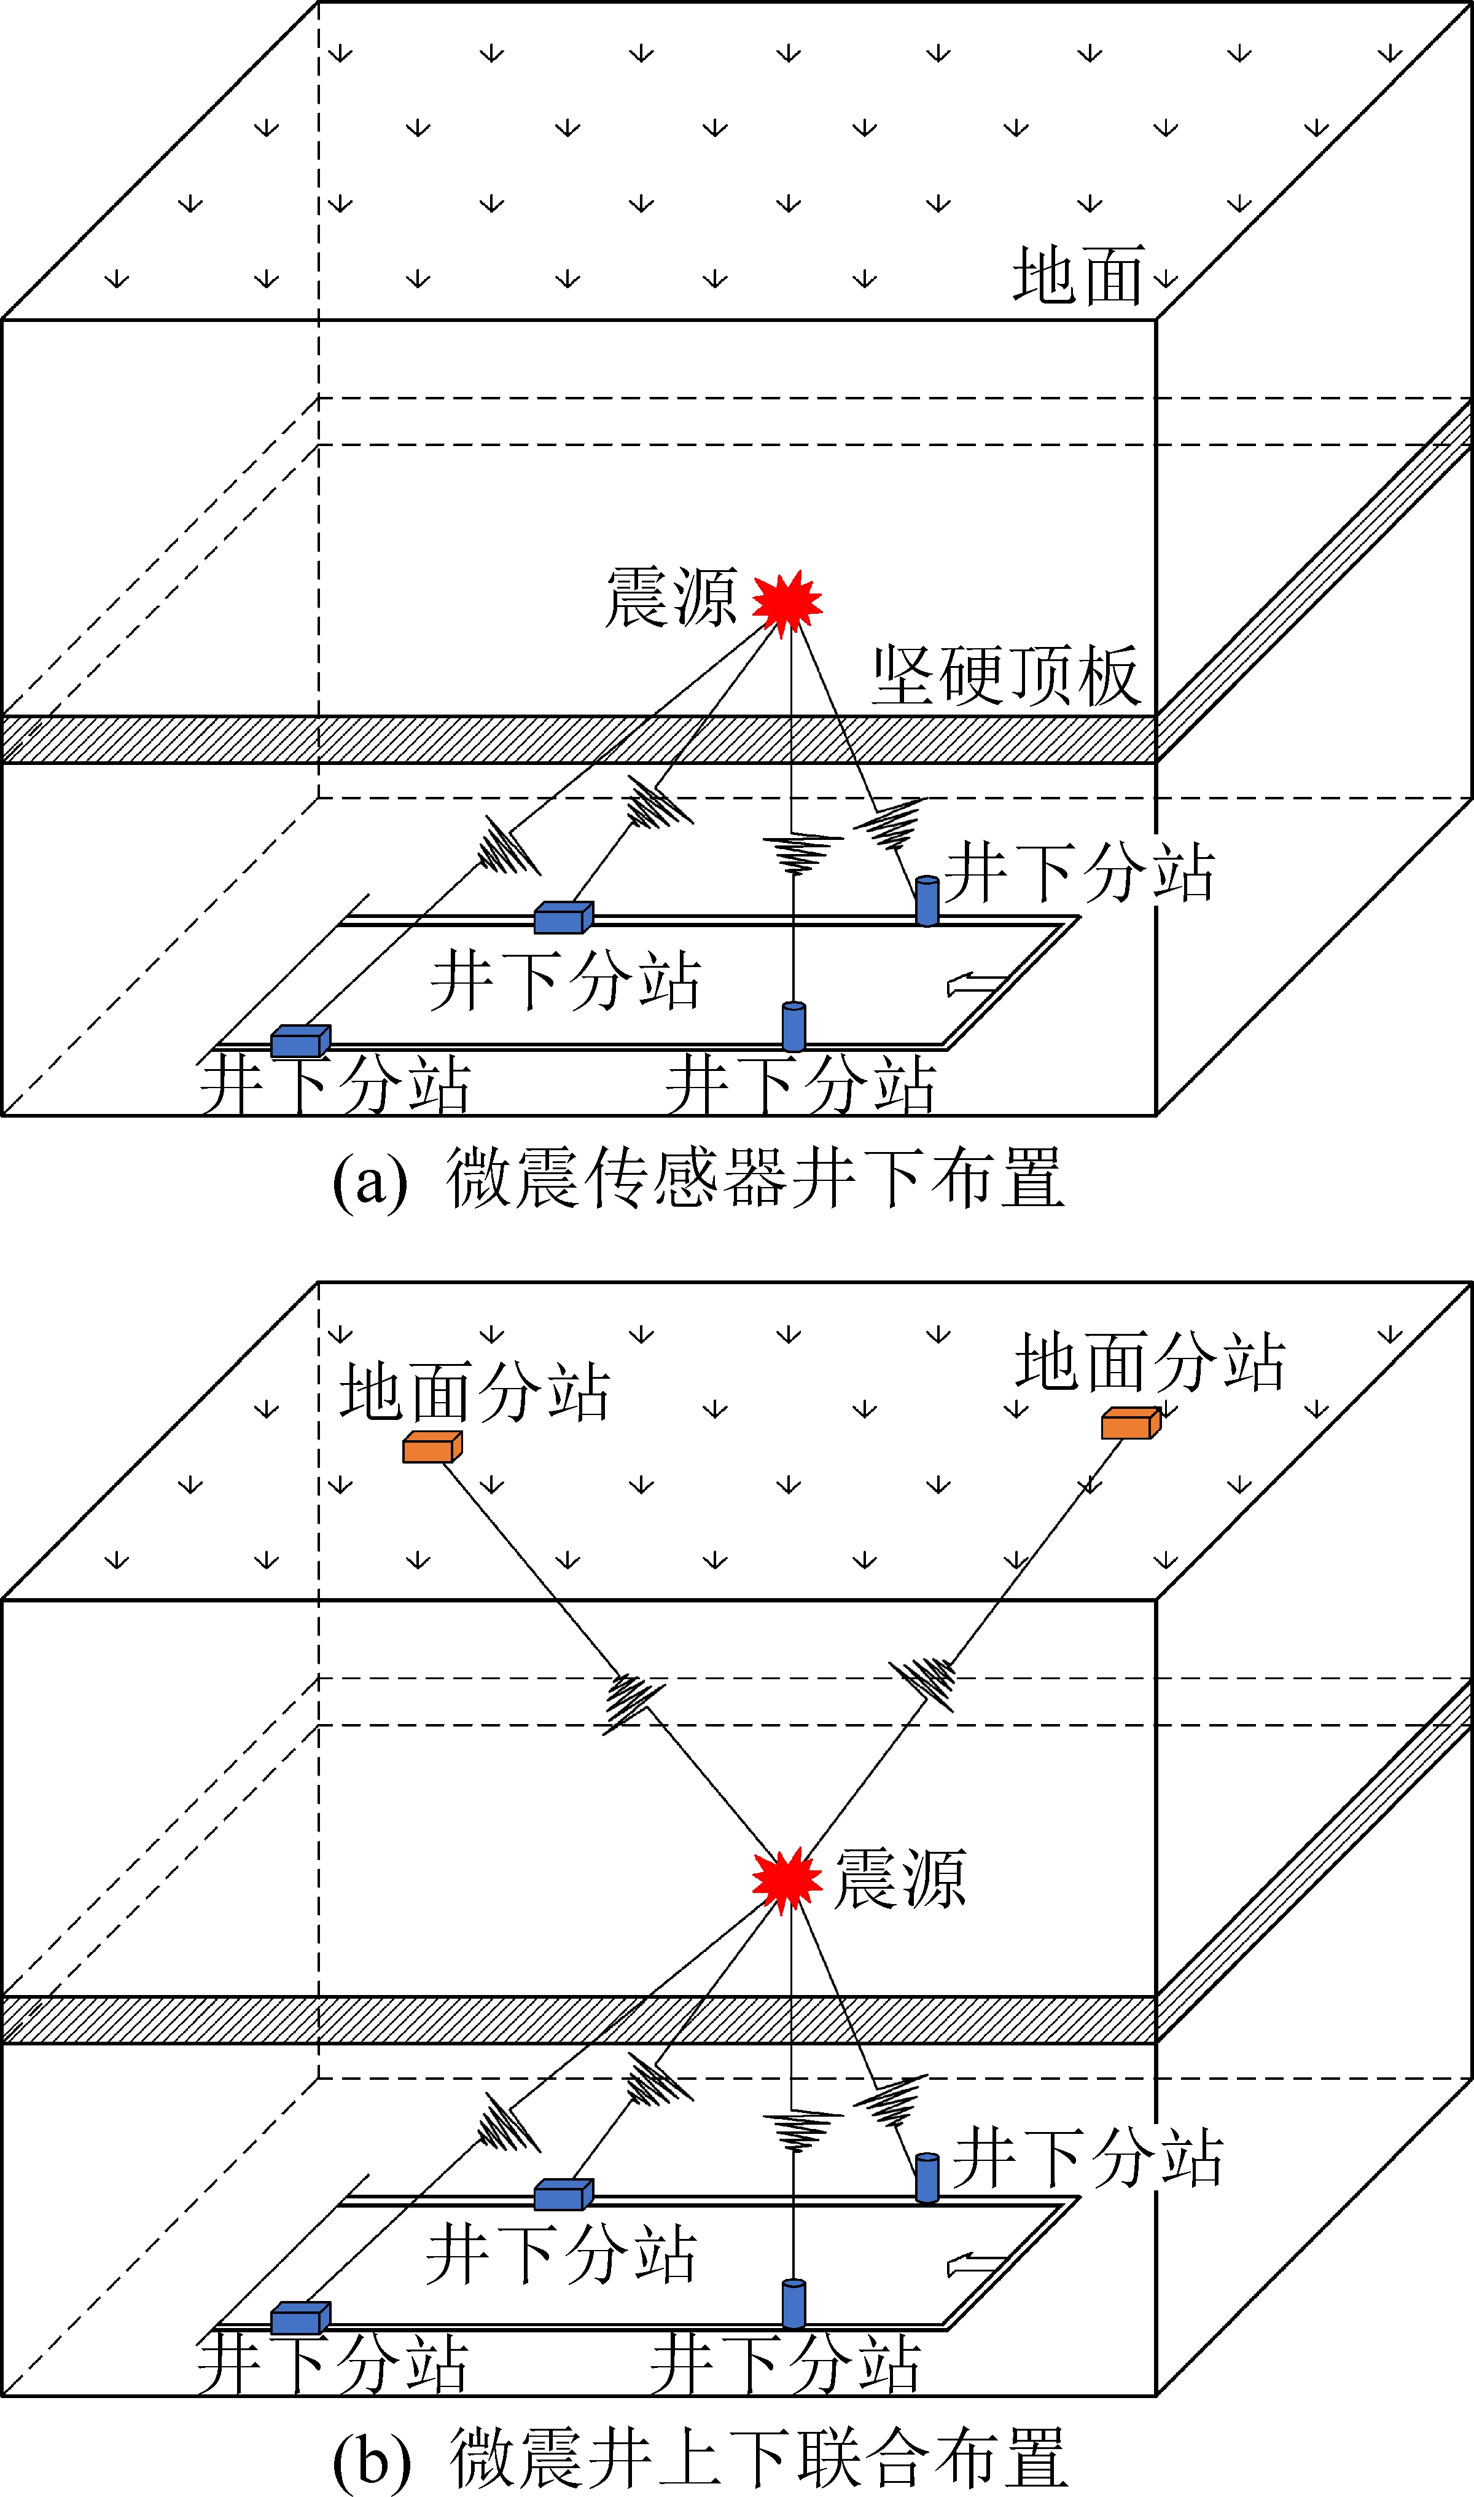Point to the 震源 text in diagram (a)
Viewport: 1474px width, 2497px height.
point(671,598)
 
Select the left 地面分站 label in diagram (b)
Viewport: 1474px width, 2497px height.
point(475,1391)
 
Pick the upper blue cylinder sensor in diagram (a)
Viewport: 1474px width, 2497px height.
point(927,900)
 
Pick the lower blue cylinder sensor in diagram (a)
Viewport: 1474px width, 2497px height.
point(794,1027)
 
